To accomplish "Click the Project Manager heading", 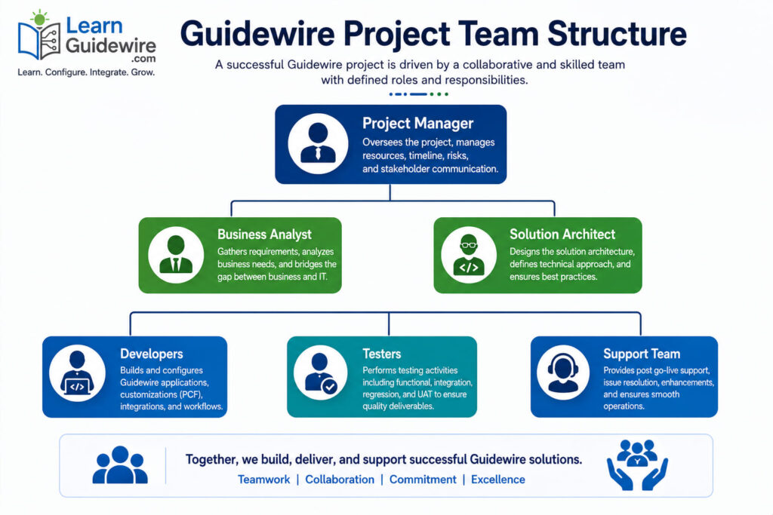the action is pyautogui.click(x=417, y=124).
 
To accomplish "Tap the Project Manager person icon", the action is pyautogui.click(x=318, y=143).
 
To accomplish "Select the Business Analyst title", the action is pyautogui.click(x=264, y=235).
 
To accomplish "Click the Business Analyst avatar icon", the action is pyautogui.click(x=176, y=255).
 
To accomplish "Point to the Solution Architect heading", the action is pyautogui.click(x=562, y=235).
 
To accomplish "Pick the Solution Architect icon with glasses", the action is pyautogui.click(x=469, y=255).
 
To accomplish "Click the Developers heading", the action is pyautogui.click(x=151, y=354).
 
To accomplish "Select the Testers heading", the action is pyautogui.click(x=381, y=354).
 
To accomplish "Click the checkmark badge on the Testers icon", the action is pyautogui.click(x=329, y=387).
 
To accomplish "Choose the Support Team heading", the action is pyautogui.click(x=642, y=354).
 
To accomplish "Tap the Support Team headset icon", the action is pyautogui.click(x=563, y=373).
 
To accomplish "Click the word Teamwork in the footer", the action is pyautogui.click(x=263, y=480).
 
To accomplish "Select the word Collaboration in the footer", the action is pyautogui.click(x=340, y=480).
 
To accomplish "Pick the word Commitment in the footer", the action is pyautogui.click(x=423, y=480).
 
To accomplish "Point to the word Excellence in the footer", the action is pyautogui.click(x=498, y=480).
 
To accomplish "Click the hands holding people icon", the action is pyautogui.click(x=637, y=464).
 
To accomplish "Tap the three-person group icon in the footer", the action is pyautogui.click(x=120, y=464).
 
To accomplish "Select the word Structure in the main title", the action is pyautogui.click(x=617, y=34).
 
